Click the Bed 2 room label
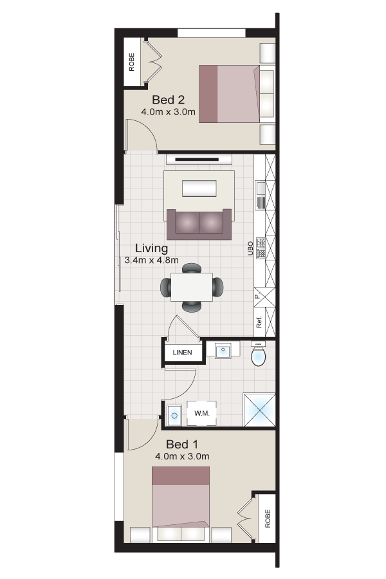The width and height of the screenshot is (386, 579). [x=168, y=100]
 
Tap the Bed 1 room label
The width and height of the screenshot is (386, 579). [x=181, y=444]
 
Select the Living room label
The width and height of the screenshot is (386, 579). [x=151, y=248]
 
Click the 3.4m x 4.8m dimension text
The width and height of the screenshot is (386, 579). [x=151, y=261]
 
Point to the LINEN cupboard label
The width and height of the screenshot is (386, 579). [x=183, y=353]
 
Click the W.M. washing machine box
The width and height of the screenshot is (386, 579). [x=201, y=413]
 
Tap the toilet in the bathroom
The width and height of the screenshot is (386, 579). [x=258, y=354]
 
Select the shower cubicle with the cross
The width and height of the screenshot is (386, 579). [x=259, y=410]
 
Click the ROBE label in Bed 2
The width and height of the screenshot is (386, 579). [x=131, y=62]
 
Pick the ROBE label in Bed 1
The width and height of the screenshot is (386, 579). [x=268, y=519]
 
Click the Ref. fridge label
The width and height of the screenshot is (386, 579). [x=259, y=322]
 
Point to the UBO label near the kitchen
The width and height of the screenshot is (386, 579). [x=250, y=248]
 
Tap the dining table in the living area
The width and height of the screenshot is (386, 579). [x=191, y=287]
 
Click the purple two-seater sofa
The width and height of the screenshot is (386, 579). [x=199, y=224]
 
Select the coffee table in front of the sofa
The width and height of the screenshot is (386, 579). [x=199, y=188]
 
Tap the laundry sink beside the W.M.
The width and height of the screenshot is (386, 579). [x=174, y=415]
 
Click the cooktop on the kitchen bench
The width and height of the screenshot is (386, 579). [x=261, y=248]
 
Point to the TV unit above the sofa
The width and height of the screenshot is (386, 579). [x=199, y=160]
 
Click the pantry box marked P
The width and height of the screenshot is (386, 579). [x=264, y=297]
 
